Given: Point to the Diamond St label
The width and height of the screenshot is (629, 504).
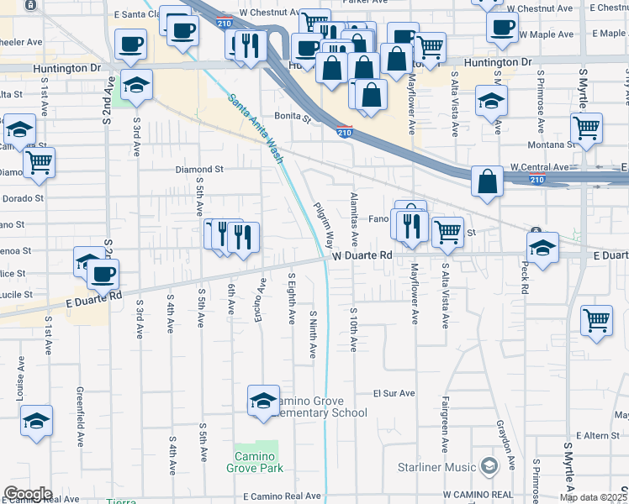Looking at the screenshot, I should [x=199, y=169].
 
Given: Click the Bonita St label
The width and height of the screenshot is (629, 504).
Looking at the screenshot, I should [x=293, y=117].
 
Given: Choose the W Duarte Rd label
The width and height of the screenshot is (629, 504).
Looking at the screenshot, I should [x=362, y=255].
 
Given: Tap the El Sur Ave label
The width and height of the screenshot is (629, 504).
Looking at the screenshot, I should [x=394, y=393].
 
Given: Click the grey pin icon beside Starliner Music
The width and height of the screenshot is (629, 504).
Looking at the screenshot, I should [x=489, y=465].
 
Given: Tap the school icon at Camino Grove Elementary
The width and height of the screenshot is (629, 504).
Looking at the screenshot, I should [x=263, y=400].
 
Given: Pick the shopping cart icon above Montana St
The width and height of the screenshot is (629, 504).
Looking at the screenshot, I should [x=586, y=129].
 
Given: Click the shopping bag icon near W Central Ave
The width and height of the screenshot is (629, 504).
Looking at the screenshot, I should [x=488, y=181].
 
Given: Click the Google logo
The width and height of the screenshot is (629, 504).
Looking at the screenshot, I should [x=28, y=494].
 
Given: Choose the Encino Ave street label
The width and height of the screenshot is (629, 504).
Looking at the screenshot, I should [x=262, y=300].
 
